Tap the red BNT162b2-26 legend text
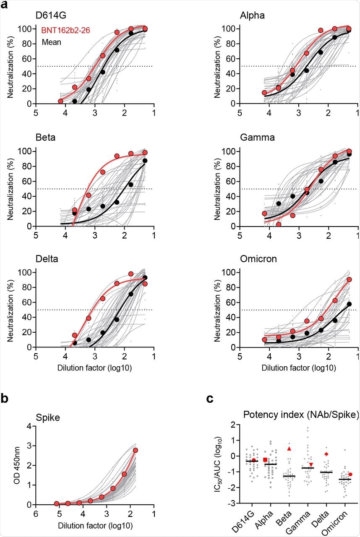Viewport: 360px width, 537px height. [x=62, y=30]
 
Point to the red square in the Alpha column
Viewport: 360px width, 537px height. [x=265, y=460]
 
